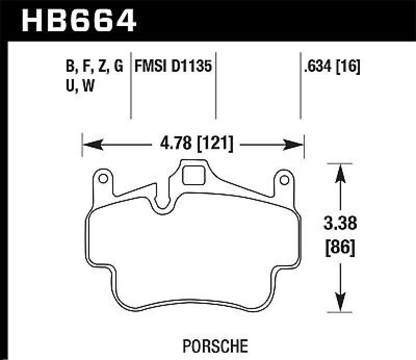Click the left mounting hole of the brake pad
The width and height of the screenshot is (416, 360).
click(x=103, y=180)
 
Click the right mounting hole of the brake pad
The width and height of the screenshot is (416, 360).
click(x=284, y=180)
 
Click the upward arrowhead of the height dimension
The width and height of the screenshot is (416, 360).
click(x=340, y=172)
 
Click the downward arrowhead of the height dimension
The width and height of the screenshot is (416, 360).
click(x=340, y=304)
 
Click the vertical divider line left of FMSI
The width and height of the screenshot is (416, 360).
click(x=130, y=86)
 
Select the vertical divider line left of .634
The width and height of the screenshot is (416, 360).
click(x=300, y=86)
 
